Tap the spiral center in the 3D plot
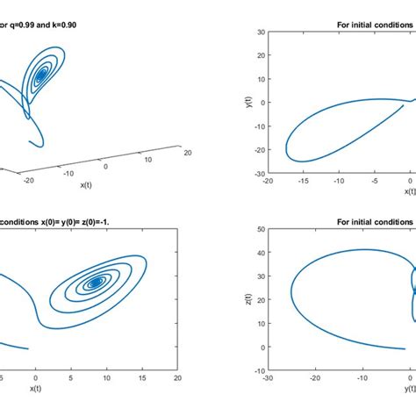(40, 77)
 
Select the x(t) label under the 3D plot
(87, 184)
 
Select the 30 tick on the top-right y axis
(262, 32)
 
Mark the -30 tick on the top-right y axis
(260, 174)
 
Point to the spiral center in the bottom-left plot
(95, 283)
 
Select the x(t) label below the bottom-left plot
(36, 388)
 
